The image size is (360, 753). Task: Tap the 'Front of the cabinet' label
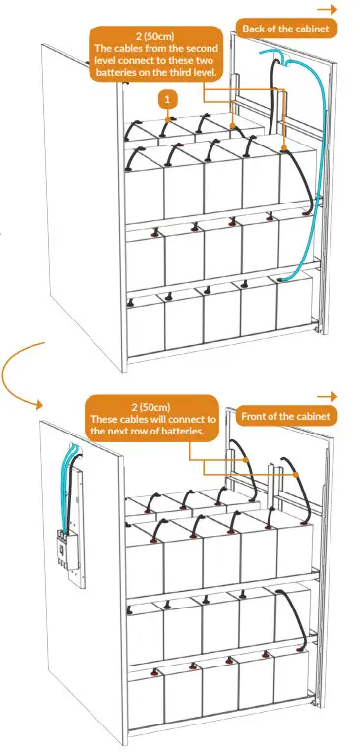pos(285,415)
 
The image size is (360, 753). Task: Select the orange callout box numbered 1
pos(169,100)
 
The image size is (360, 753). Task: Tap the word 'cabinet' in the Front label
pos(311,415)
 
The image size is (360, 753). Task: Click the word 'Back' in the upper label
pos(258,29)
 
